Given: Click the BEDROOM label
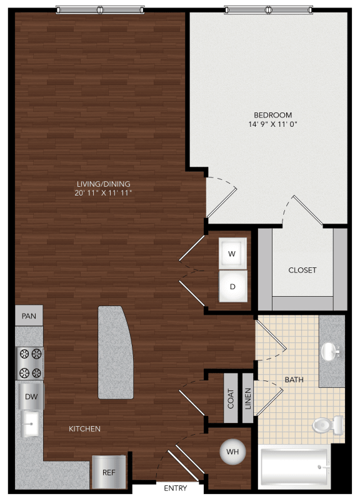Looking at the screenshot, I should click(x=273, y=115).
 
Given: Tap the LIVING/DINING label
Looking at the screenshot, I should click(x=103, y=184).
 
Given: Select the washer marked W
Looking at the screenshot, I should click(x=232, y=254).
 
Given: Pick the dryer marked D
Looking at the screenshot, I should click(x=232, y=287).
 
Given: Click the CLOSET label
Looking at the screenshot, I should click(x=302, y=270).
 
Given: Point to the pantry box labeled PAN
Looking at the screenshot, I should click(x=29, y=316).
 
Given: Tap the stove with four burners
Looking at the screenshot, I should click(x=30, y=364).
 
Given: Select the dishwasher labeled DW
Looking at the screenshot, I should click(x=30, y=396).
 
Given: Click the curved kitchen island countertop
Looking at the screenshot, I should click(x=115, y=352).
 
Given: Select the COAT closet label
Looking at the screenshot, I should click(x=231, y=398).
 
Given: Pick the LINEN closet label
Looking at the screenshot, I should click(x=247, y=398).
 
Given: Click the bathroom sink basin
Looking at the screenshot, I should click(x=331, y=351).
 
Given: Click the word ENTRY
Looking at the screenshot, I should click(x=176, y=488).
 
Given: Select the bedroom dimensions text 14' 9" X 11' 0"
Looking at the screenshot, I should click(x=273, y=125).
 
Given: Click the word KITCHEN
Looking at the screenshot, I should click(x=85, y=429).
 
